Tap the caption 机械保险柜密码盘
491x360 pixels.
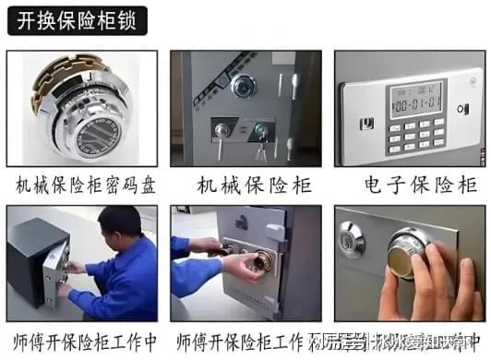click(x=85, y=186)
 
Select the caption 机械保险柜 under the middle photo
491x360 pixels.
click(x=245, y=186)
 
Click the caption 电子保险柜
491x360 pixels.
click(x=409, y=186)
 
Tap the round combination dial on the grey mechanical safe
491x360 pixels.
click(x=244, y=87)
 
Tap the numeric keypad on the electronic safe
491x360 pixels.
click(x=415, y=134)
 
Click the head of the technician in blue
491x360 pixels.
click(x=114, y=224)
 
